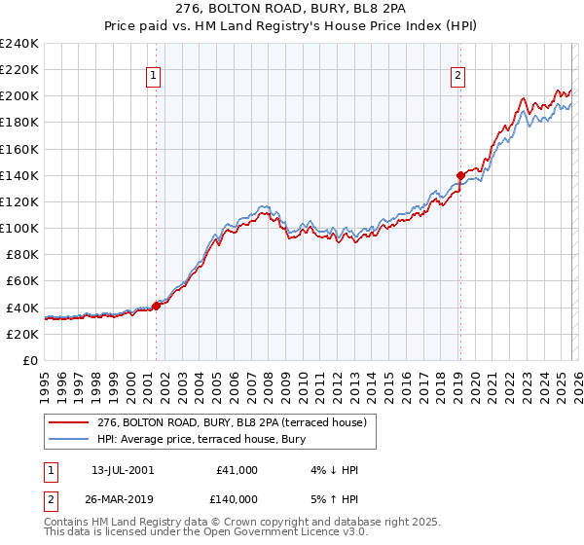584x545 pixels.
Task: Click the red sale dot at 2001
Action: (x=157, y=306)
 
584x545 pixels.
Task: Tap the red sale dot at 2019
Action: (x=460, y=175)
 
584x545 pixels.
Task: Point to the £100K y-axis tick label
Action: (x=19, y=228)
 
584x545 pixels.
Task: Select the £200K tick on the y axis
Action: (x=19, y=96)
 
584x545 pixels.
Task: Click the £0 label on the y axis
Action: (x=29, y=360)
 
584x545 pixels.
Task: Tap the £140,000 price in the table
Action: (x=237, y=498)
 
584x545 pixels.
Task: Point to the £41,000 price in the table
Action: (x=237, y=470)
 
